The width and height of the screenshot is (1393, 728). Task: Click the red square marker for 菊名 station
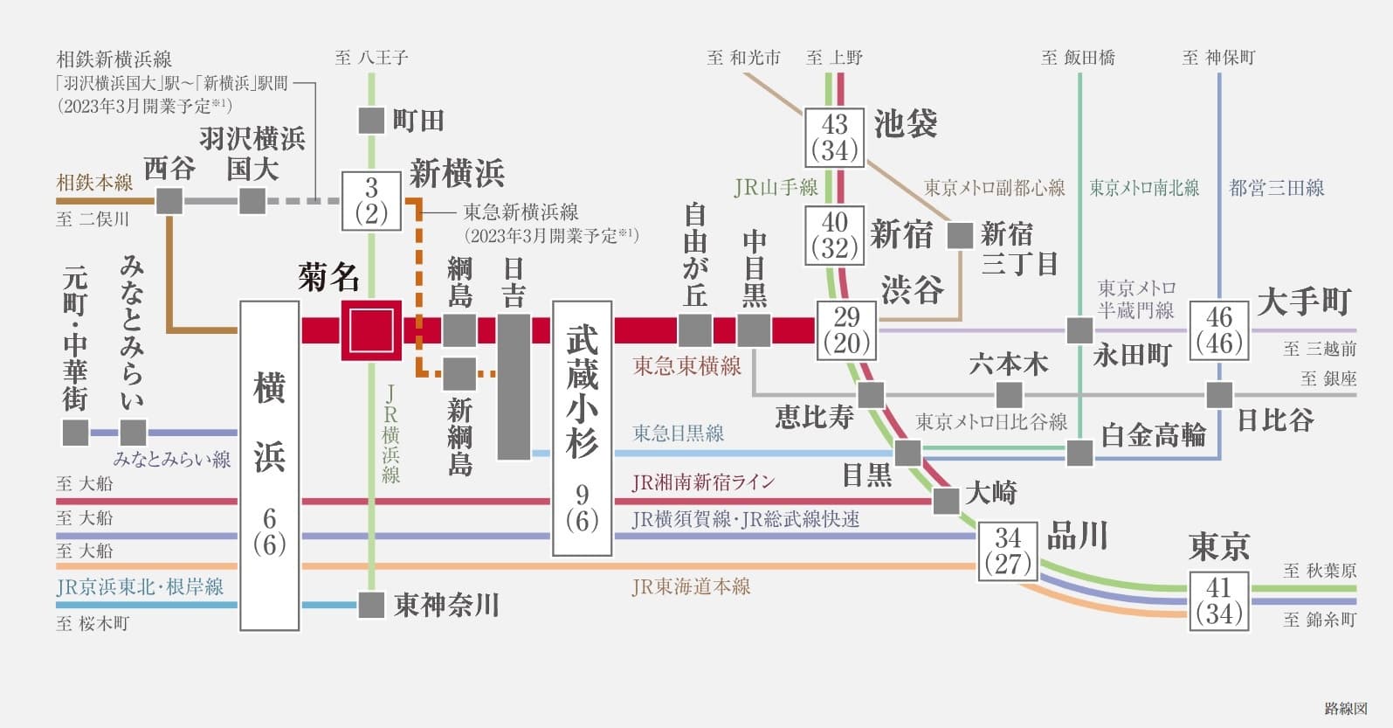pyautogui.click(x=371, y=330)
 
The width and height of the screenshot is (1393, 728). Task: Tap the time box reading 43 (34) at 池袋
pyautogui.click(x=834, y=137)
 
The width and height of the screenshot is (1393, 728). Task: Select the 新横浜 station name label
pyautogui.click(x=457, y=174)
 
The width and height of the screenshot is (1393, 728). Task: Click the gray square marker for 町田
pyautogui.click(x=371, y=121)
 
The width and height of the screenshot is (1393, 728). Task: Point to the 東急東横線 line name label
pyautogui.click(x=686, y=365)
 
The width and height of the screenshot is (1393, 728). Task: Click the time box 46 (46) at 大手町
pyautogui.click(x=1218, y=330)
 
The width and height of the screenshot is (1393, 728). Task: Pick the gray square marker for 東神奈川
pyautogui.click(x=371, y=605)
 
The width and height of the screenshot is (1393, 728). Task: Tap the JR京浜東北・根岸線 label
pyautogui.click(x=140, y=586)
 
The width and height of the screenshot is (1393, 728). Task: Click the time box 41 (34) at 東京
pyautogui.click(x=1218, y=600)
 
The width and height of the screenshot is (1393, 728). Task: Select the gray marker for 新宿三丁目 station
pyautogui.click(x=960, y=235)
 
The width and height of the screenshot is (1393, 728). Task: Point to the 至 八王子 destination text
pyautogui.click(x=371, y=58)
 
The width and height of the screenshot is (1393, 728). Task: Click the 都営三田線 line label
pyautogui.click(x=1276, y=187)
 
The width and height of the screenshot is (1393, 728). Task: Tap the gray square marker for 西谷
pyautogui.click(x=169, y=201)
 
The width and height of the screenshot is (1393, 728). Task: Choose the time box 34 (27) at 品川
pyautogui.click(x=1007, y=551)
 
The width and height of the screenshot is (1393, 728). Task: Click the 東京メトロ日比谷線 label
pyautogui.click(x=990, y=422)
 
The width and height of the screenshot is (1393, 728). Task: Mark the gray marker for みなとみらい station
pyautogui.click(x=133, y=433)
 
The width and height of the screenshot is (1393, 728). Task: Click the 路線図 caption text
pyautogui.click(x=1345, y=709)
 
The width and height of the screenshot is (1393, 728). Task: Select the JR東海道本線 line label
pyautogui.click(x=691, y=586)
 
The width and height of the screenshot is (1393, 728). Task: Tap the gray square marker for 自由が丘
pyautogui.click(x=695, y=330)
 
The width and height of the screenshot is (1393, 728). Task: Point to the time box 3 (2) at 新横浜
pyautogui.click(x=371, y=201)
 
